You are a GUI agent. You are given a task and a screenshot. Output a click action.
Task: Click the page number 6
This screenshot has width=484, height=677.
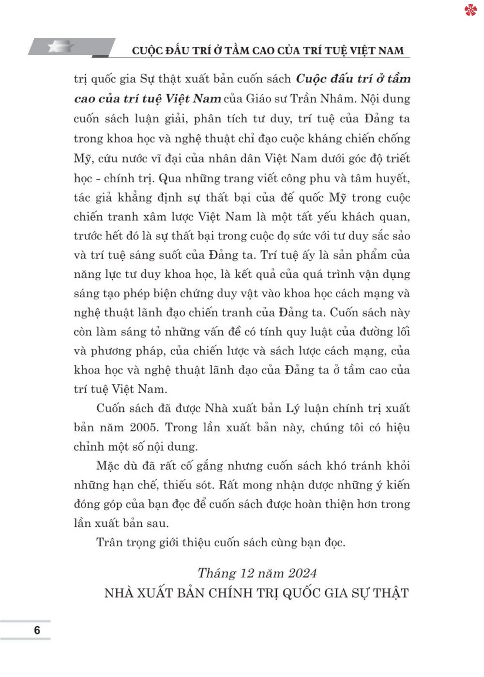pos(37,630)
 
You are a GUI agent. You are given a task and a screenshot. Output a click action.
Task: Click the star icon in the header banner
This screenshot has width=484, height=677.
pos(61,47)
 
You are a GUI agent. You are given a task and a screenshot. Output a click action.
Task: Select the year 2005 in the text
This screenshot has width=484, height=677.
pos(143,427)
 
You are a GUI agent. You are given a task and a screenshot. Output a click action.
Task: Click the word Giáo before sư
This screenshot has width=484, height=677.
pos(262,99)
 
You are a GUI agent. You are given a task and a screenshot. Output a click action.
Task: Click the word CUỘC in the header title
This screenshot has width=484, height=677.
pos(148,50)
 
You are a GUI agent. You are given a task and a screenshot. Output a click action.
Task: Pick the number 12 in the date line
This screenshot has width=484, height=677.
pos(246,573)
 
